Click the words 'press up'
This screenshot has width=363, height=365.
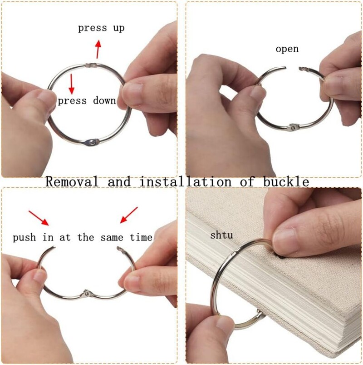click(x=101, y=28)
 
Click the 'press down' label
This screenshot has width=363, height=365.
click(x=87, y=101)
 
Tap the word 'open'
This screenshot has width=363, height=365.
click(x=287, y=49)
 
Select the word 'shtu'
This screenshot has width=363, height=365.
click(x=221, y=235)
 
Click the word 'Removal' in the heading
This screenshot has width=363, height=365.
click(x=72, y=181)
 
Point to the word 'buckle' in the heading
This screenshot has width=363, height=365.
click(x=286, y=181)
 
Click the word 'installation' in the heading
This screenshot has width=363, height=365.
click(x=186, y=181)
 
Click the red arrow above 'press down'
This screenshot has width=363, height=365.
click(x=71, y=84)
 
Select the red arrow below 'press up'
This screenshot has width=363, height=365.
click(x=98, y=49)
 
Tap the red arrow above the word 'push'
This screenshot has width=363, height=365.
click(x=39, y=218)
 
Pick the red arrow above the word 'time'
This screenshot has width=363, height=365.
click(x=129, y=215)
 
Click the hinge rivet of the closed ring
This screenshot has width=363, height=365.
click(x=93, y=142)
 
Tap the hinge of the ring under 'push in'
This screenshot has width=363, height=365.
click(x=87, y=294)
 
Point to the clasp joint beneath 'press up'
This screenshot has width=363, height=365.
click(x=91, y=65)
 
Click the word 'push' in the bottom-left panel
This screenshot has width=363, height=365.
click(x=24, y=238)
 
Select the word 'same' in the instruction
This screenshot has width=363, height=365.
click(x=112, y=238)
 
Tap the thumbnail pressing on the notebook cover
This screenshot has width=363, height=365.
click(x=285, y=242)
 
